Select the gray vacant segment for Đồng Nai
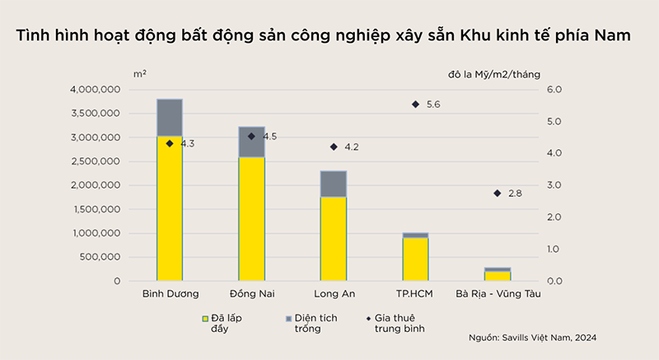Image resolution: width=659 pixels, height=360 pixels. pos(251,142)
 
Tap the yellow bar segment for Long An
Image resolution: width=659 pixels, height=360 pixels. pos(334,239)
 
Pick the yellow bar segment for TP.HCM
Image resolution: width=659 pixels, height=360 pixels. pos(415,259)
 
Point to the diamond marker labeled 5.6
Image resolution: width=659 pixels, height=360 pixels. pos(415,105)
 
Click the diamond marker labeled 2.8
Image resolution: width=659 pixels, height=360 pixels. pos(497,193)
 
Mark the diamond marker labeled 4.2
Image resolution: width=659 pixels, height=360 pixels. pos(334,147)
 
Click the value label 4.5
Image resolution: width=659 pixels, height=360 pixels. pos(270,136)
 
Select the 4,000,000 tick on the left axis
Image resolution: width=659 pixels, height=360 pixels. pos(96,90)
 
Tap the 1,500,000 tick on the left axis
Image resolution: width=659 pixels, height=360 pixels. pos(96,209)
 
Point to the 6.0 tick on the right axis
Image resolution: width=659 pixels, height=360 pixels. pos(554,90)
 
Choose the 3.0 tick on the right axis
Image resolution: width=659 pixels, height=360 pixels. pos(554,185)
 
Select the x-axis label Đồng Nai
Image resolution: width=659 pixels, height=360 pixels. pos(251,293)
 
